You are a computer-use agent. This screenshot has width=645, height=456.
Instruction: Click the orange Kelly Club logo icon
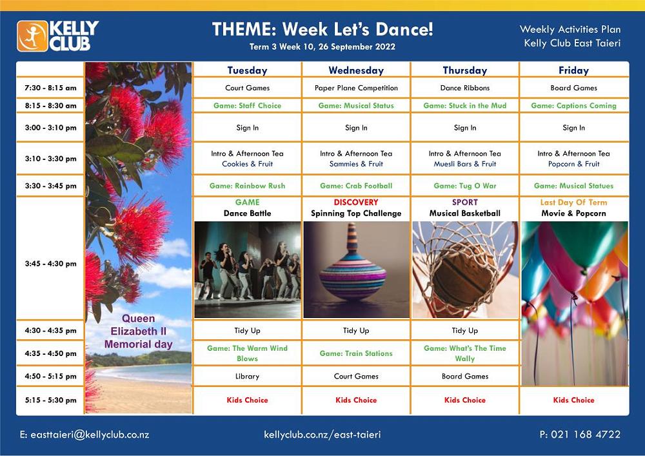(x=32, y=36)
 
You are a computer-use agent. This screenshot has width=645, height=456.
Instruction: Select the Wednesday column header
(x=356, y=70)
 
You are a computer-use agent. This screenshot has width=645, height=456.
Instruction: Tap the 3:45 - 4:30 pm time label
(x=50, y=264)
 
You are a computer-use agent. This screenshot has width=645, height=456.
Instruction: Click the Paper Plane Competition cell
(x=356, y=88)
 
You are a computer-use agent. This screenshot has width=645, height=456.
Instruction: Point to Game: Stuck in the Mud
(x=465, y=105)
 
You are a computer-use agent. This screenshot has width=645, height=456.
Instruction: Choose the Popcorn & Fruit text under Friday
(x=574, y=164)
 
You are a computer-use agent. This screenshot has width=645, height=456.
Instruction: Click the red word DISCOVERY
(x=356, y=203)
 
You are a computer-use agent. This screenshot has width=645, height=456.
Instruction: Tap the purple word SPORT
(x=465, y=203)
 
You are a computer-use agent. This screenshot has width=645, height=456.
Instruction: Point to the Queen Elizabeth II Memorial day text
(x=138, y=332)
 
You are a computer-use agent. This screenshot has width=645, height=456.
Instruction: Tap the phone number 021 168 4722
(x=586, y=434)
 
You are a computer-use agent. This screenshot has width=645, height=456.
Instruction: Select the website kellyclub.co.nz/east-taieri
(x=322, y=435)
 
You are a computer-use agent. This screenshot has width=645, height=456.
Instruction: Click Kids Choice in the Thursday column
(x=465, y=400)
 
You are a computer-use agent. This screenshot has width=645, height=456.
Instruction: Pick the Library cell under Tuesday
(x=247, y=376)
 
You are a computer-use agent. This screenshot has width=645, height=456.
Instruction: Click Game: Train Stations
(x=356, y=353)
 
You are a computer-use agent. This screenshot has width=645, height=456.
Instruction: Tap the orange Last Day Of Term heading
(x=574, y=203)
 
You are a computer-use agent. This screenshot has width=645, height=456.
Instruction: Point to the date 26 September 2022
(x=357, y=46)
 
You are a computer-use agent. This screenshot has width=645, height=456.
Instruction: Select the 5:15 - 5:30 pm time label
(x=50, y=400)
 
